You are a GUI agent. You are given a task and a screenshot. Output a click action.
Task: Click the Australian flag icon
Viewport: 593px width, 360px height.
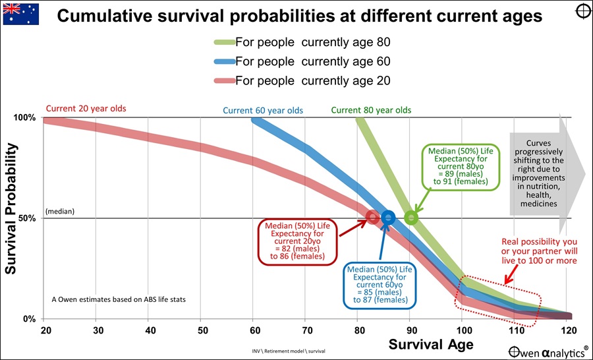pos(21,14)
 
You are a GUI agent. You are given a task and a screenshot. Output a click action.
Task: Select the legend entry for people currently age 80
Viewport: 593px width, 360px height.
pos(312,43)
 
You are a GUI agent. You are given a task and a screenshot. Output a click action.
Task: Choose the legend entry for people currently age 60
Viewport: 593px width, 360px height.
pos(312,61)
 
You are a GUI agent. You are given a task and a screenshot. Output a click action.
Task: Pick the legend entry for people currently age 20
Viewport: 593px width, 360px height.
pos(312,80)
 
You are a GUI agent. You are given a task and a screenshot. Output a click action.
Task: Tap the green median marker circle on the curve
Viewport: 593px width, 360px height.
pos(410,217)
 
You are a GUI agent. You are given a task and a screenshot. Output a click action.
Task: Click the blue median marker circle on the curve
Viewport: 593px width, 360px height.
pos(388,217)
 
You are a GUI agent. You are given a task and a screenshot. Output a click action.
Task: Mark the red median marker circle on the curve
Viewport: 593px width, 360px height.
pos(372,216)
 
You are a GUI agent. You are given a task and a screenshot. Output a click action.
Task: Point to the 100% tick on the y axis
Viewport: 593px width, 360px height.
pos(26,118)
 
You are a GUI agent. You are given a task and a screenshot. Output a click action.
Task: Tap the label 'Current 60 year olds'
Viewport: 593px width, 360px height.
pos(263,110)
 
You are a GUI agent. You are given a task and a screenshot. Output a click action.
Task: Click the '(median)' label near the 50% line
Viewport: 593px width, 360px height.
pos(60,212)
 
